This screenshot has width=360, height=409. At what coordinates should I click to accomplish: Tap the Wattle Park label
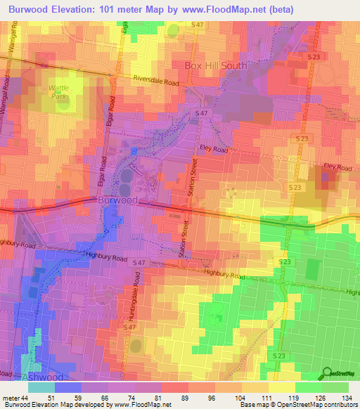[x=58, y=93]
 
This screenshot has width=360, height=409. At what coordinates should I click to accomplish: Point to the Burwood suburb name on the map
[x=117, y=200]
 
